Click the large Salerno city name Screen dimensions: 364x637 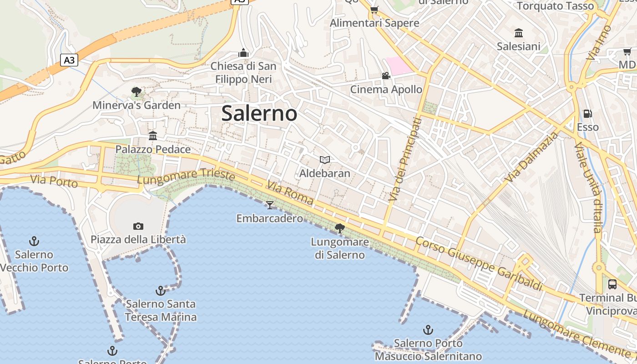[259, 113]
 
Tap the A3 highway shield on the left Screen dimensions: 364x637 [69, 60]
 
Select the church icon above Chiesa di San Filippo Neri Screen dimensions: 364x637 [243, 53]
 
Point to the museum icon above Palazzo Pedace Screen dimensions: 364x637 [153, 136]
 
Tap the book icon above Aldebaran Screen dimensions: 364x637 [324, 160]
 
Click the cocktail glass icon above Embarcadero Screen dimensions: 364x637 [270, 205]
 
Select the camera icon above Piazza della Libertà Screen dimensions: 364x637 [138, 226]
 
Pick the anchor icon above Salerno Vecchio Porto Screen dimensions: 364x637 [34, 241]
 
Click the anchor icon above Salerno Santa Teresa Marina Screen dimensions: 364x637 [161, 290]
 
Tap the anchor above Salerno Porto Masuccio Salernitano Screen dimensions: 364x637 [428, 329]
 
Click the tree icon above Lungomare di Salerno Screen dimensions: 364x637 [339, 228]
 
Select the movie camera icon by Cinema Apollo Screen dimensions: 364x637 [386, 76]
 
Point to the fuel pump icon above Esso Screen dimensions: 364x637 [588, 114]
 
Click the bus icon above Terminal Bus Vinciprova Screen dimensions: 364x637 [612, 284]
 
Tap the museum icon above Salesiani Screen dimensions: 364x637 [519, 33]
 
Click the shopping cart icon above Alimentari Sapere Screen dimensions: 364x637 [374, 10]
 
